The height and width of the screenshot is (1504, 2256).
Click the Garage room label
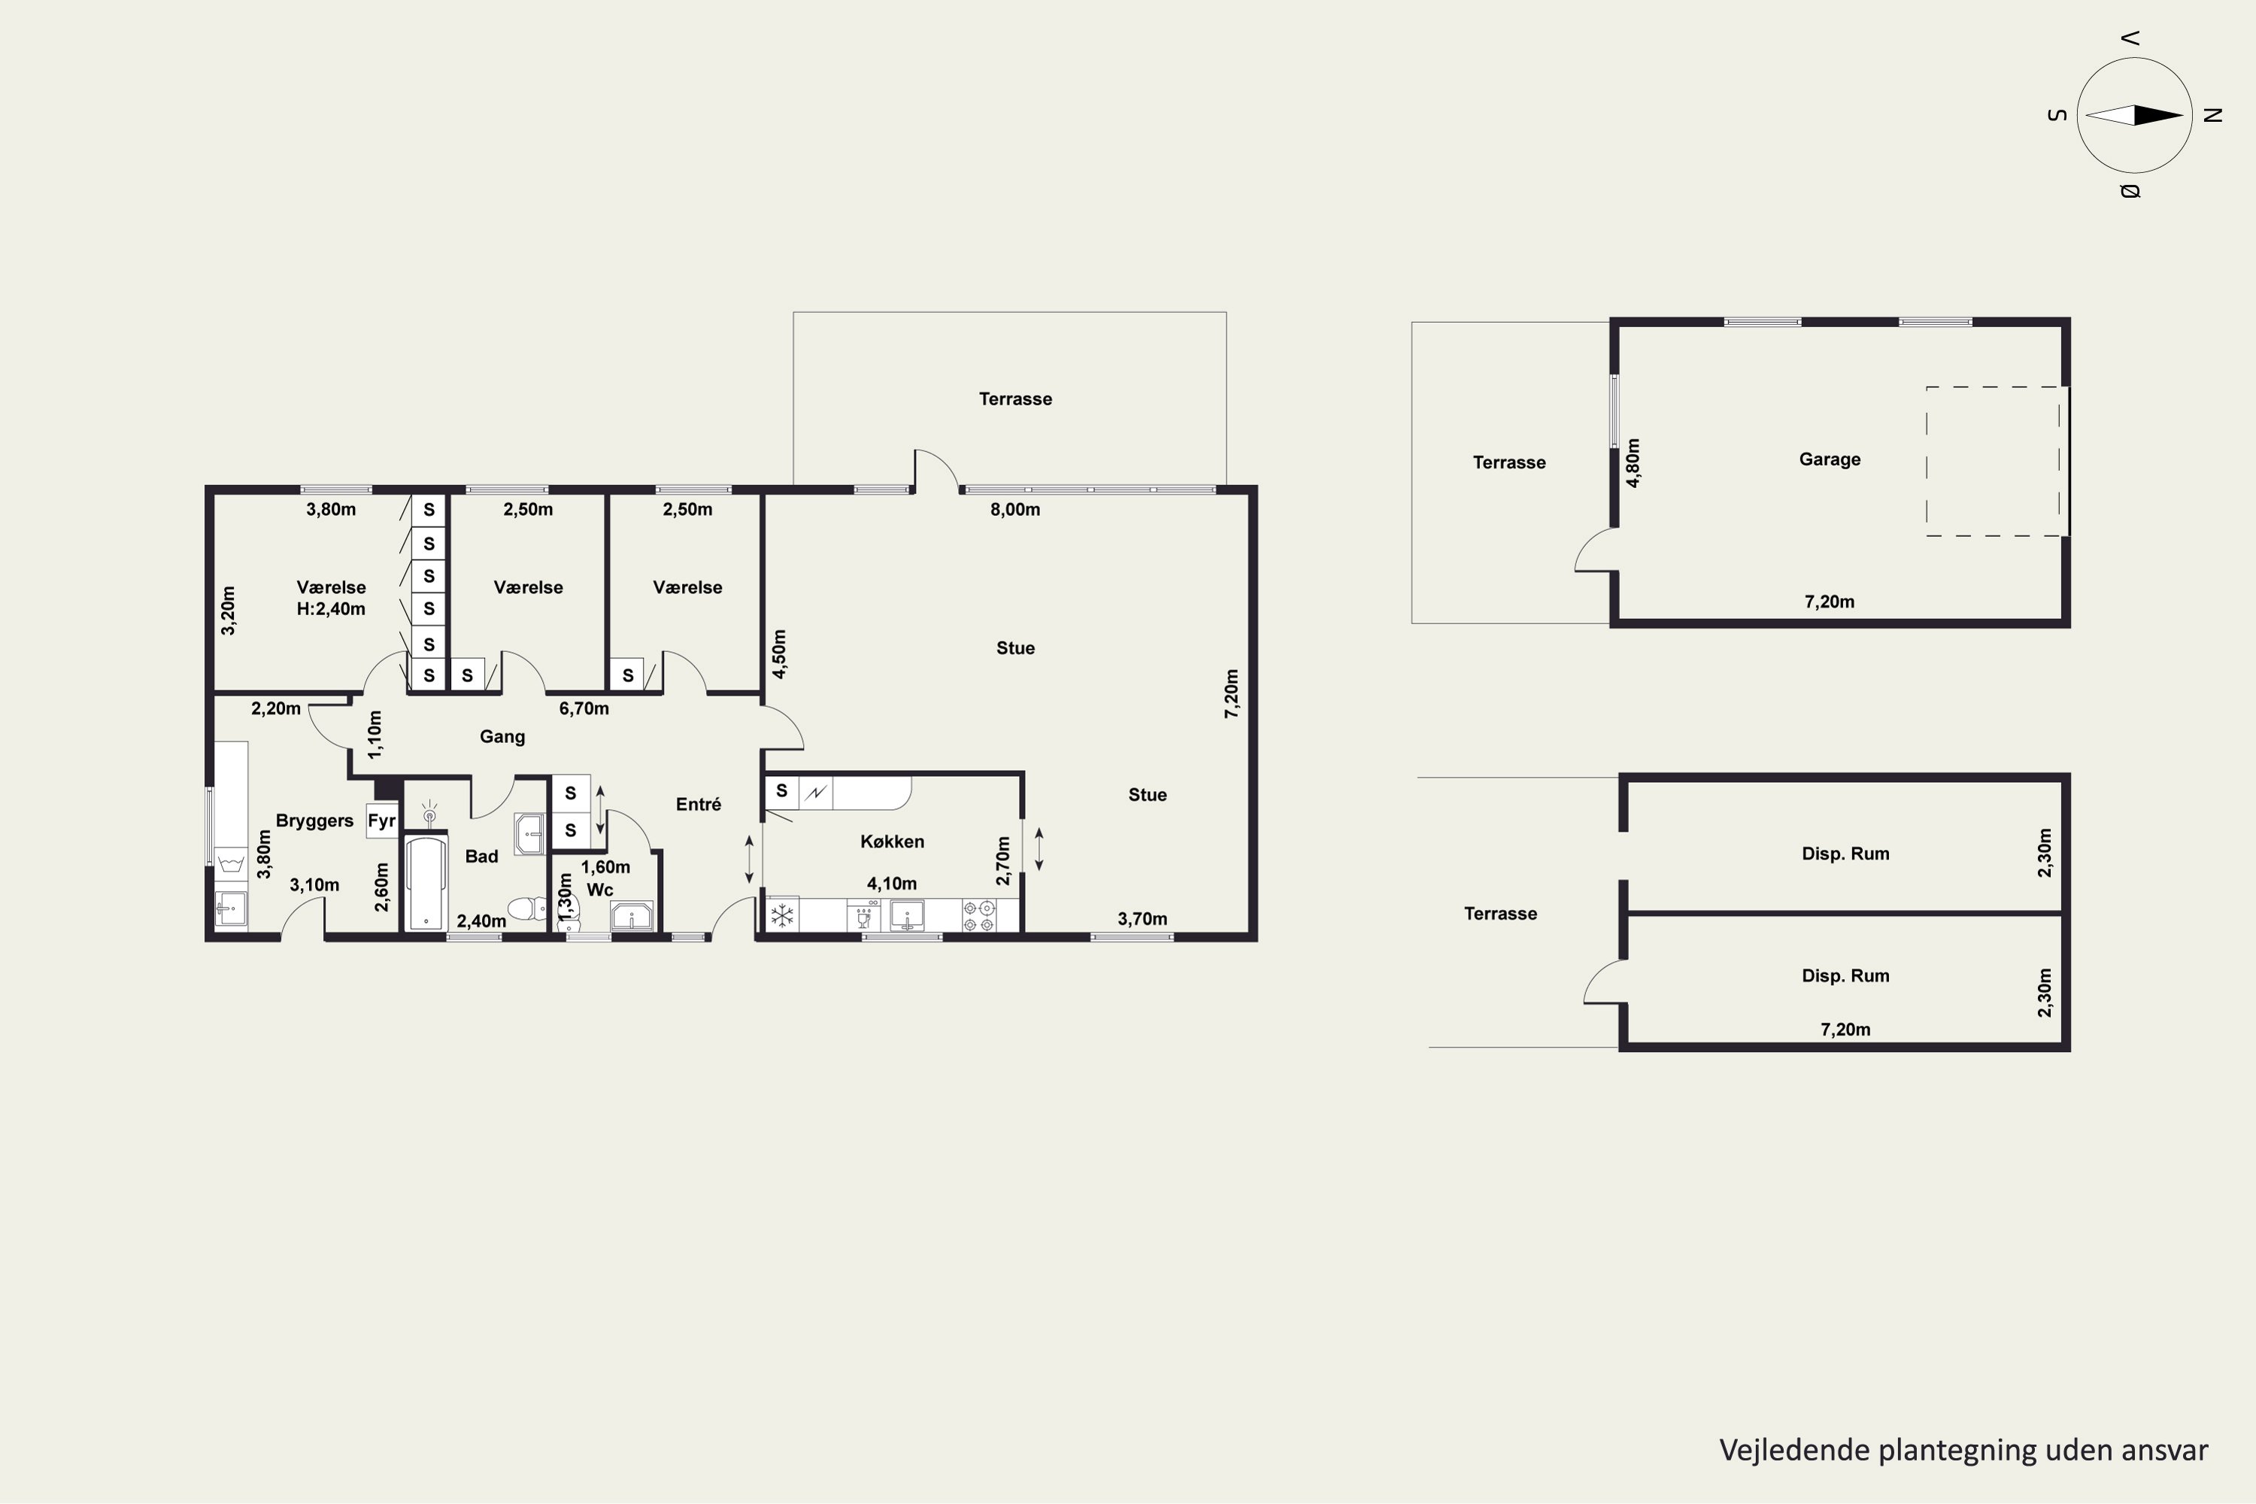click(1829, 459)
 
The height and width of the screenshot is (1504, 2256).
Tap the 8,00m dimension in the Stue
click(1014, 509)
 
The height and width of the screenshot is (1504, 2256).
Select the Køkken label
click(892, 841)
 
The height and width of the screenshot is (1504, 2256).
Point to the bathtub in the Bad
click(426, 882)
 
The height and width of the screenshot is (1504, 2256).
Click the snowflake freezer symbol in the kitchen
click(783, 915)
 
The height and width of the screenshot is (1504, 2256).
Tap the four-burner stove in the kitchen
click(978, 916)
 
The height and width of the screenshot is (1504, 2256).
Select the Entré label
click(699, 805)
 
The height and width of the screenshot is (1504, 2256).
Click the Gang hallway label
click(502, 737)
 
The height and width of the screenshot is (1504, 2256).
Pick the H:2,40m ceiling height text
click(331, 609)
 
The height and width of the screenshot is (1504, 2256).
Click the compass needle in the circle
click(2134, 115)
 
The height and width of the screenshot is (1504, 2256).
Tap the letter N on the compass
click(2214, 115)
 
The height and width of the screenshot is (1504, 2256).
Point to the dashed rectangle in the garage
click(1994, 462)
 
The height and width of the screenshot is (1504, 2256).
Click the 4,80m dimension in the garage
click(1633, 463)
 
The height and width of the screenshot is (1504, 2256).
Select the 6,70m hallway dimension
click(584, 709)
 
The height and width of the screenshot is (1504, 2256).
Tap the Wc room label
click(599, 890)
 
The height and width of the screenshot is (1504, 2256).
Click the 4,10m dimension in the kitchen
click(892, 884)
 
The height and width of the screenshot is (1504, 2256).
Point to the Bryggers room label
click(314, 821)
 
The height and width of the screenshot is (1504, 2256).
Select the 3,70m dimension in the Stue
click(1142, 919)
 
